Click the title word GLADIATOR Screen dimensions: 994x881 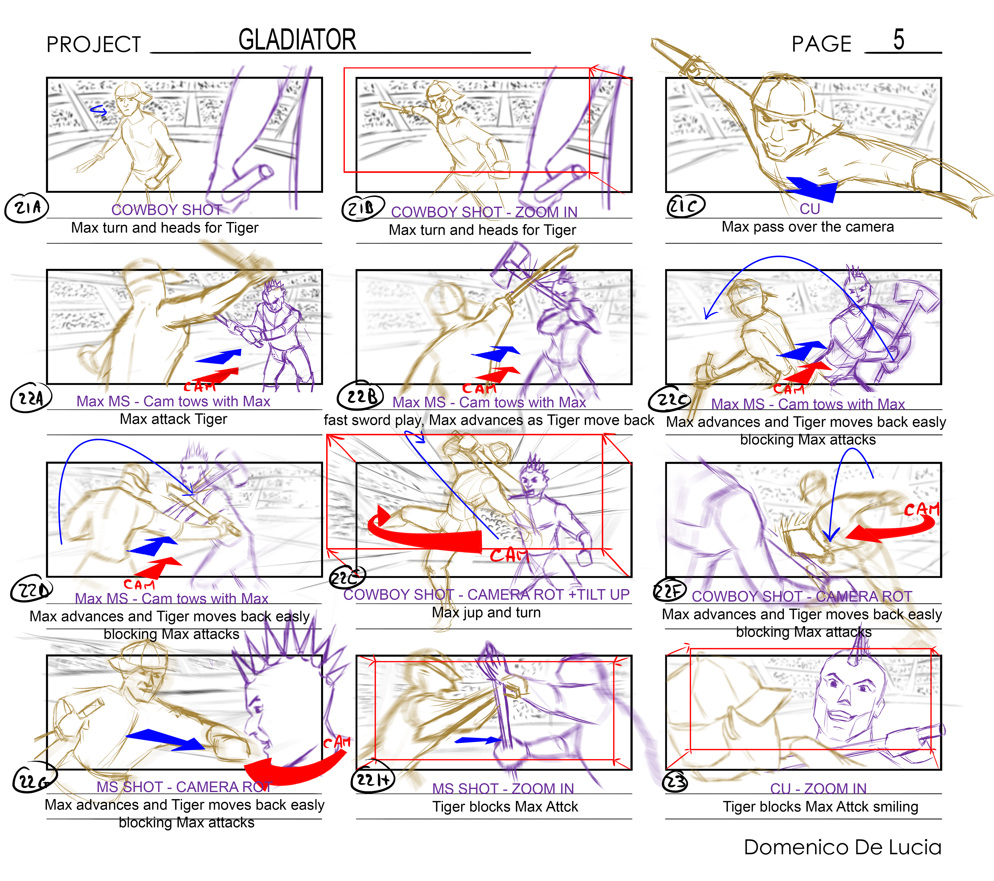[297, 40]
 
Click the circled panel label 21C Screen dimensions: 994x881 [685, 206]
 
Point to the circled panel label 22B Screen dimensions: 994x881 [361, 396]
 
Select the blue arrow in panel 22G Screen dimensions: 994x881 [165, 739]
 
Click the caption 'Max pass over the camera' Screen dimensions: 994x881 [807, 227]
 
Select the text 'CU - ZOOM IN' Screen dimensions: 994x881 [818, 788]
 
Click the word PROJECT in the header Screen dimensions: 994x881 [93, 45]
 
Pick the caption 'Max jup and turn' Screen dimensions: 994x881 [486, 612]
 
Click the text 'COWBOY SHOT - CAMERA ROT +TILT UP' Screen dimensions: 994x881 [486, 595]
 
